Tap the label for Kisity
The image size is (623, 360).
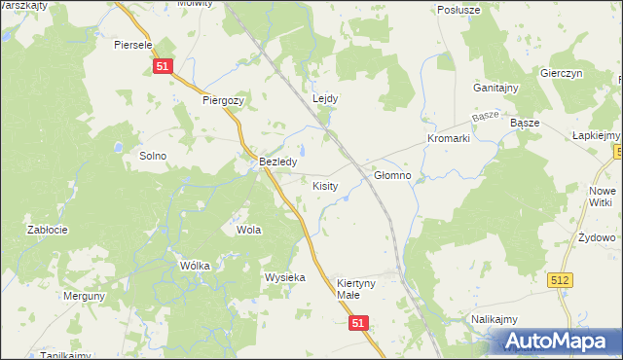(325, 185)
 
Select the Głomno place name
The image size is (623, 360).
(392, 176)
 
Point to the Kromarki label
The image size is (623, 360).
(448, 139)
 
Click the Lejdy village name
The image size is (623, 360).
(324, 98)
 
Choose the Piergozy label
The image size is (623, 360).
(223, 100)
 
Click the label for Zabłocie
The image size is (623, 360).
(47, 230)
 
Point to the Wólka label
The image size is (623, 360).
(168, 265)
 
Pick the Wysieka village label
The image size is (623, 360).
(285, 277)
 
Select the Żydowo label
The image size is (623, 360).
(596, 237)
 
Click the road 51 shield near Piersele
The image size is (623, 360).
(163, 65)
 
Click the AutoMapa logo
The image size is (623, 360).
(559, 342)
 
